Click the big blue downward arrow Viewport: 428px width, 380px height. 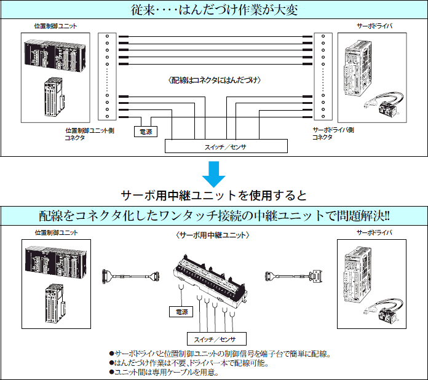pyautogui.click(x=214, y=173)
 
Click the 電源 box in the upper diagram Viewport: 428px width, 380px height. pyautogui.click(x=146, y=131)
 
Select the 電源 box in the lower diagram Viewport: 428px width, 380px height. pyautogui.click(x=181, y=312)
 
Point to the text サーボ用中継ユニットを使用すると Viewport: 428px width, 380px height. pyautogui.click(x=214, y=196)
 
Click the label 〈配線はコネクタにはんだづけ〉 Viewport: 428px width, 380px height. pyautogui.click(x=214, y=80)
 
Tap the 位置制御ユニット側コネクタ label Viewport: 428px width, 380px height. pyautogui.click(x=89, y=134)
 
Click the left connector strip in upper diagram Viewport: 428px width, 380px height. pyautogui.click(x=107, y=76)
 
